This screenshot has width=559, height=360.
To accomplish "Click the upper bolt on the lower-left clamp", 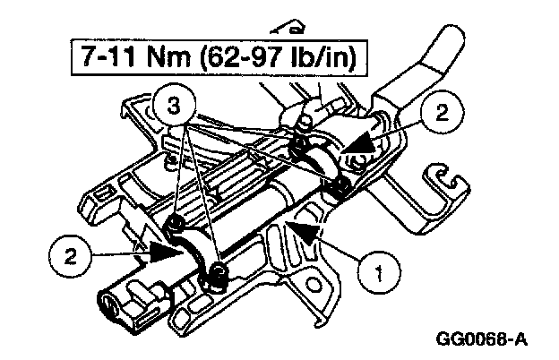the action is click(x=177, y=220).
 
